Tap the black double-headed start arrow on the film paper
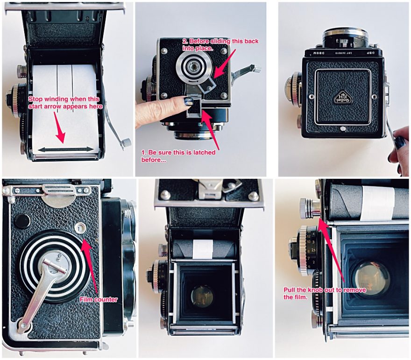(65, 149)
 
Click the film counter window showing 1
(79, 227)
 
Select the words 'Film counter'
(98, 299)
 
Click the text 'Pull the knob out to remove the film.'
(325, 293)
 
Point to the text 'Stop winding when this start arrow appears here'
(65, 102)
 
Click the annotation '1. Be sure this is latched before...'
(178, 156)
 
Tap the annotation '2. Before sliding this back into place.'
(220, 44)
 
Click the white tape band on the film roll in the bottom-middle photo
(203, 249)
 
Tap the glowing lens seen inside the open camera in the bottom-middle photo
(202, 296)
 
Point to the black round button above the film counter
(22, 221)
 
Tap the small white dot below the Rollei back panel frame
(343, 129)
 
